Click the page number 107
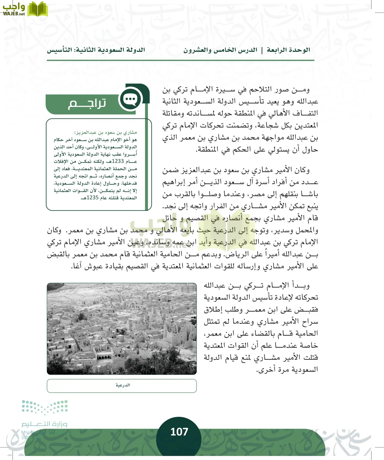point(179,432)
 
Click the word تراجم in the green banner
point(87,103)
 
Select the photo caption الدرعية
point(123,385)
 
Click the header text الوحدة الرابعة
point(288,50)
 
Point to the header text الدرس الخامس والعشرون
point(220,50)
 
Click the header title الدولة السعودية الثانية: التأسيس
point(96,50)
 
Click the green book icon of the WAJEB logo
point(38,9)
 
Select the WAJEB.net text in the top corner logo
point(14,14)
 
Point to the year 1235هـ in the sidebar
point(92,198)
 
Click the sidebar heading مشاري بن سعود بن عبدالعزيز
point(105,132)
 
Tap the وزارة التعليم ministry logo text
point(44,424)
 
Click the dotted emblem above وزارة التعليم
point(45,407)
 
